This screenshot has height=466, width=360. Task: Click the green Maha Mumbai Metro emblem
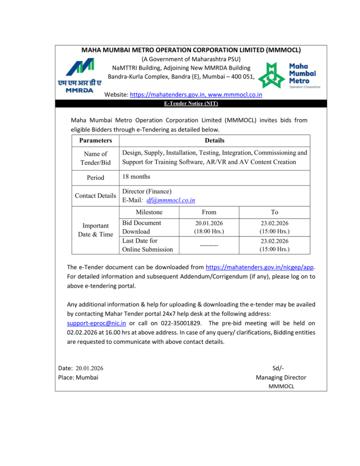tap(271, 76)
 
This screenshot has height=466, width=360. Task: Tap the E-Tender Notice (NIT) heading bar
tap(191, 104)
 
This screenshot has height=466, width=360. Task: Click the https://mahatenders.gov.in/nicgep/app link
tap(260, 267)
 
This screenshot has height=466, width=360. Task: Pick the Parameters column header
tap(95, 141)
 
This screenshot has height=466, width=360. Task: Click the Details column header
tap(214, 141)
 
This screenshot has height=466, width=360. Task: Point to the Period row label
tap(96, 177)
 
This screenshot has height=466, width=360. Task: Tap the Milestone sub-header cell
tap(149, 212)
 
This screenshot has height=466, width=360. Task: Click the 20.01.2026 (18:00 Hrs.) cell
tap(209, 227)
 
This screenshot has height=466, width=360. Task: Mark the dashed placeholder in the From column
tap(209, 245)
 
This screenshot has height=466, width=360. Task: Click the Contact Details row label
tap(96, 196)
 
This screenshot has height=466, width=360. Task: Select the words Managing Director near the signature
tap(281, 377)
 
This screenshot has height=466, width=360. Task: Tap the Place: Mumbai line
tap(78, 377)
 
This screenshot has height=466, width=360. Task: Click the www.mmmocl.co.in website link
tap(235, 95)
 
